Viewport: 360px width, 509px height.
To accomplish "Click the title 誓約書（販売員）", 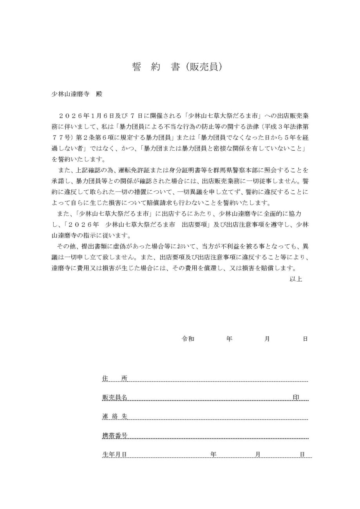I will (x=178, y=67).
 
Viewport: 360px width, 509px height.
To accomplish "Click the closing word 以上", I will (x=296, y=280).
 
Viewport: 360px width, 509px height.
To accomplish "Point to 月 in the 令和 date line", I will (x=267, y=339).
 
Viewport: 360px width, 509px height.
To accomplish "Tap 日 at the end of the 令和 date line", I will (x=305, y=339).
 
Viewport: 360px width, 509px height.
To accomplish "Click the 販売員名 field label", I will (x=114, y=397).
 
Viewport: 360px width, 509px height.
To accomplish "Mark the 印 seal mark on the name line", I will (x=296, y=397).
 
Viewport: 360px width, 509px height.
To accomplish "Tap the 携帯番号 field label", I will (x=114, y=435).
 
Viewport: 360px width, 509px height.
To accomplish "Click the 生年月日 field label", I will (x=114, y=455).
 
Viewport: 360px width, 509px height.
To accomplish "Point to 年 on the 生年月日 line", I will (x=213, y=455).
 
